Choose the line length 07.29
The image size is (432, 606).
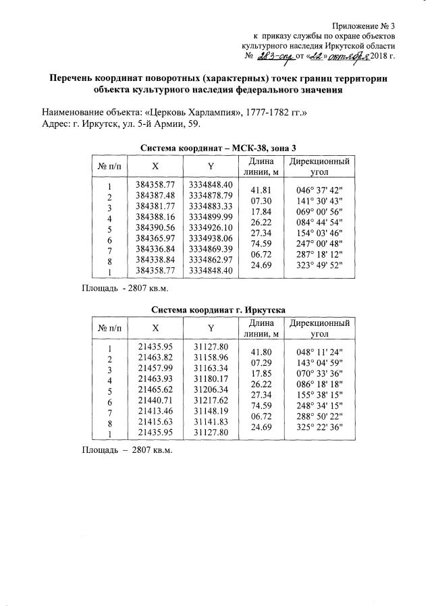point(261,362)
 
